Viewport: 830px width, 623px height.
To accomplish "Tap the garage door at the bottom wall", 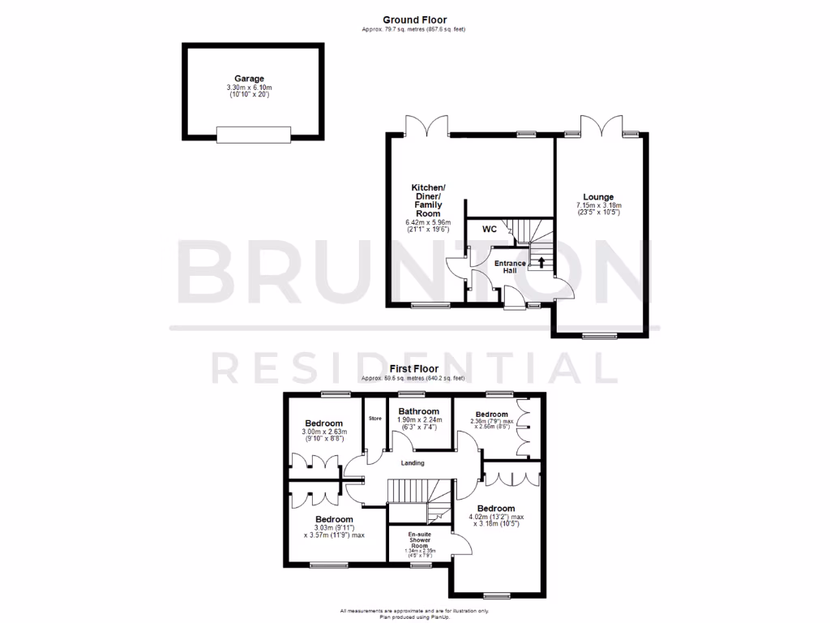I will click(x=253, y=135).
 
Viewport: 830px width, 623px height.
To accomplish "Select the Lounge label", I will click(x=601, y=197).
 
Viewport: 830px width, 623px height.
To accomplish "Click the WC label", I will click(x=490, y=230).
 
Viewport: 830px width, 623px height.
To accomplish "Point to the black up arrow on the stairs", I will click(x=541, y=262).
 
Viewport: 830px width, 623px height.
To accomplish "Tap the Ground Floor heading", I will click(x=414, y=20).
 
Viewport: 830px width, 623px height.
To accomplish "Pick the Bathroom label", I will click(x=418, y=411).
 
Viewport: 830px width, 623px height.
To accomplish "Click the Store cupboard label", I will click(x=374, y=418).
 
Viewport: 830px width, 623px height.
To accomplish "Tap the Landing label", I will click(x=413, y=463).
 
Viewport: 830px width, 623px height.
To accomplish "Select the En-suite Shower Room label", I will click(x=419, y=540).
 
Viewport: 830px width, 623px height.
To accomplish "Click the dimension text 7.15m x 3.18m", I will click(x=601, y=206).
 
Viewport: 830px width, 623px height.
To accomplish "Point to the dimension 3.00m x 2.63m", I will click(x=324, y=432).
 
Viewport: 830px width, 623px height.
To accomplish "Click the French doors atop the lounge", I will click(x=600, y=126).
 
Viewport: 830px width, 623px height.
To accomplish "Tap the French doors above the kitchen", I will click(x=426, y=126).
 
